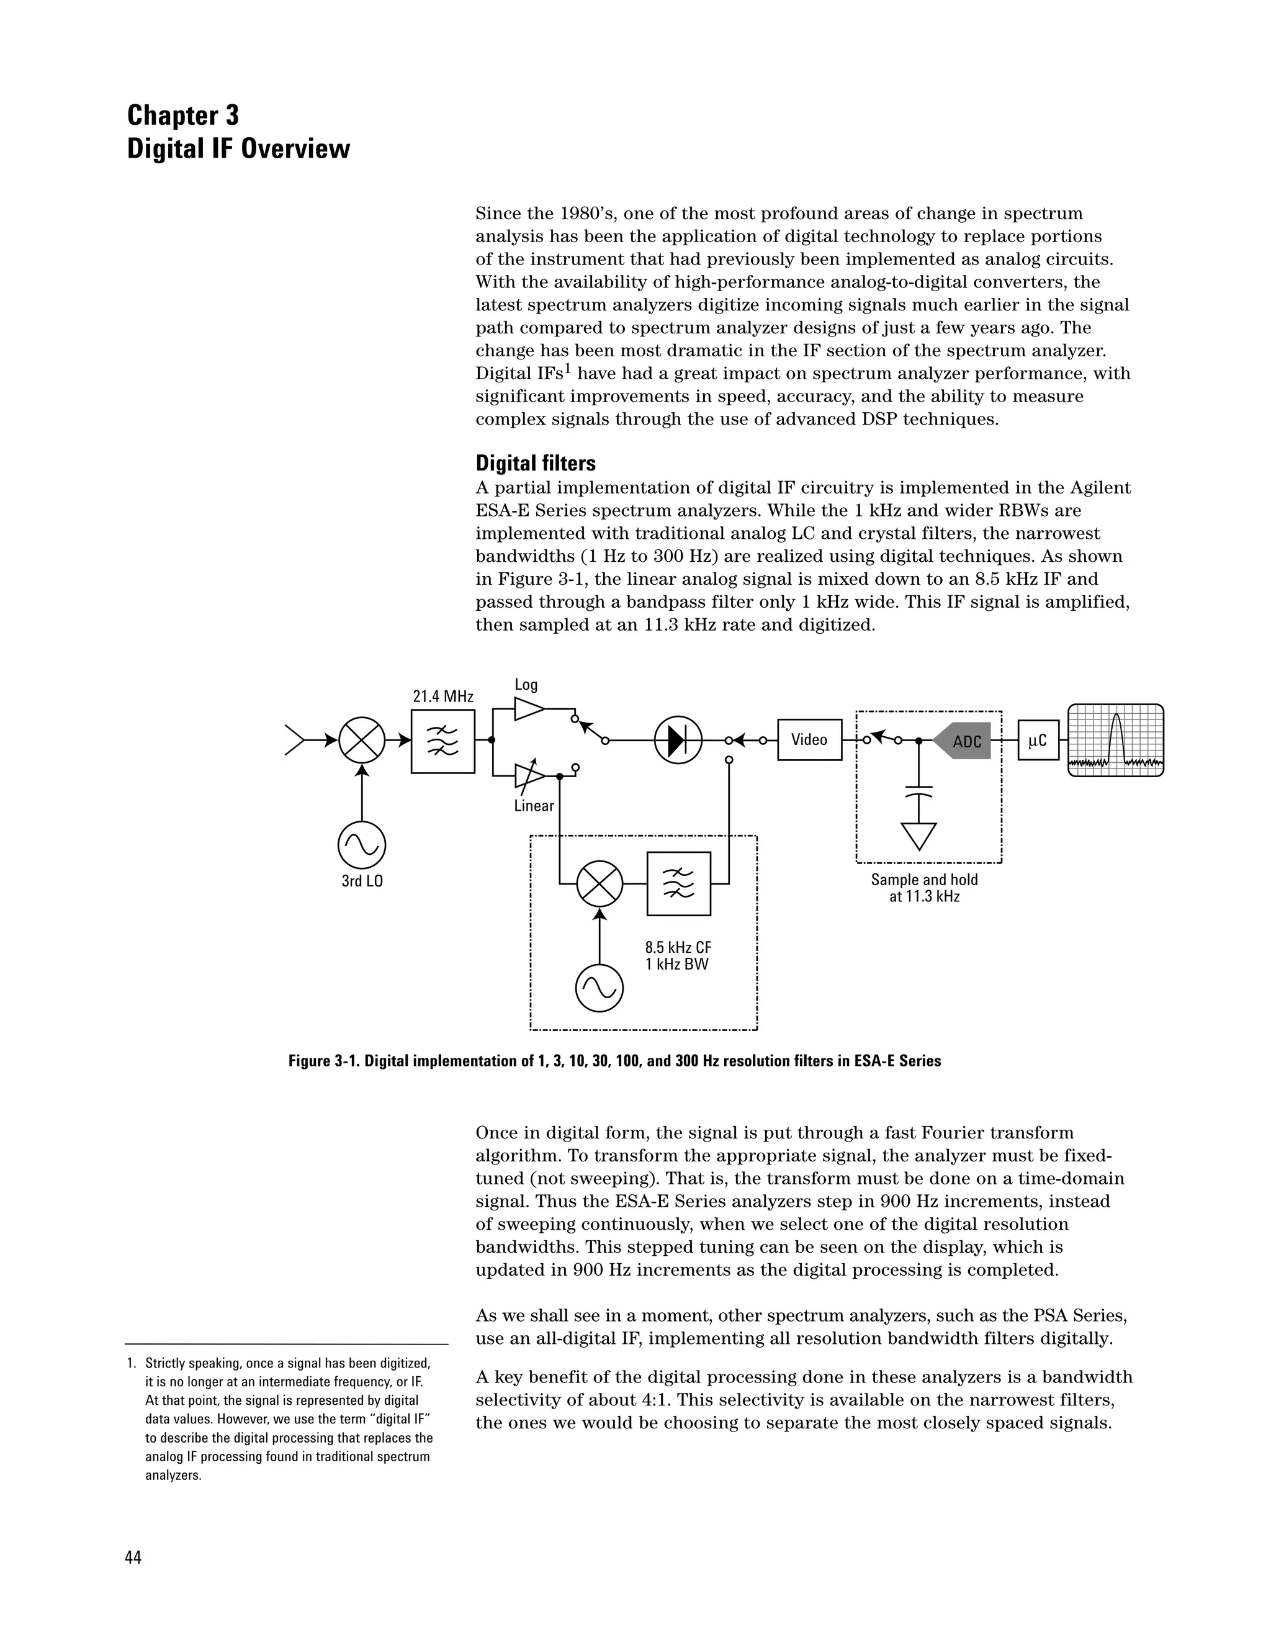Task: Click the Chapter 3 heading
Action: click(x=183, y=115)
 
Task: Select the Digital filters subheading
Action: click(x=536, y=462)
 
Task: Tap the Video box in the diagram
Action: click(x=809, y=740)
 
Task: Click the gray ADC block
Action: click(x=964, y=741)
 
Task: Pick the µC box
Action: click(x=1038, y=741)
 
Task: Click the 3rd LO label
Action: click(x=362, y=880)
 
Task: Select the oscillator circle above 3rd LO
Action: click(x=362, y=845)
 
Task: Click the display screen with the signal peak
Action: click(x=1115, y=740)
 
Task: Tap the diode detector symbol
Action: click(x=678, y=741)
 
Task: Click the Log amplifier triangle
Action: click(x=529, y=709)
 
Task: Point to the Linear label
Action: click(x=534, y=806)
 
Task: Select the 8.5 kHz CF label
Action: click(x=678, y=947)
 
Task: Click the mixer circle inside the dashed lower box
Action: click(x=600, y=884)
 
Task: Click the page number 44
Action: click(x=133, y=1557)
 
